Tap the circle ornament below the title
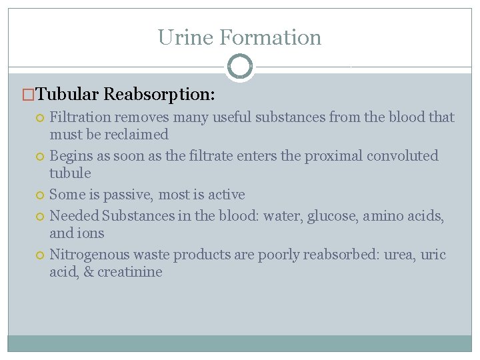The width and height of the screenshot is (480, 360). coord(240,67)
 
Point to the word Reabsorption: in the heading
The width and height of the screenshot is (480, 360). coord(159,94)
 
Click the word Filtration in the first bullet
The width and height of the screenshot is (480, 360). coord(80,117)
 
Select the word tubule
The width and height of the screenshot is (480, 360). coord(70,173)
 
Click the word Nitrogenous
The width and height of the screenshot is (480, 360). coord(89,255)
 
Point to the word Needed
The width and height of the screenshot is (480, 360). coord(73,216)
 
